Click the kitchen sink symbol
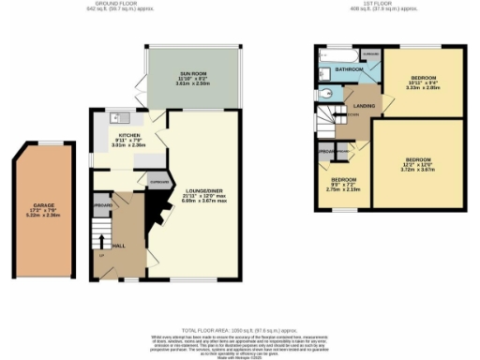(119, 117)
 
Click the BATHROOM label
(351, 69)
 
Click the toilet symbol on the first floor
(325, 95)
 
